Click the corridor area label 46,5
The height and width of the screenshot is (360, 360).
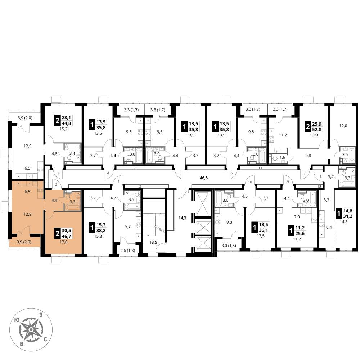pyautogui.click(x=204, y=178)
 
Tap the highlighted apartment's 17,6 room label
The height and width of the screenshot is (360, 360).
pyautogui.click(x=63, y=242)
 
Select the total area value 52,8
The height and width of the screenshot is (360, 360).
pyautogui.click(x=317, y=129)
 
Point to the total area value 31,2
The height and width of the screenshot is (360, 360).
pyautogui.click(x=348, y=216)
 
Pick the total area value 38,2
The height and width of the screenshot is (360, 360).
pyautogui.click(x=101, y=230)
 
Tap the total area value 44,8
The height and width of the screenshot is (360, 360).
pyautogui.click(x=67, y=123)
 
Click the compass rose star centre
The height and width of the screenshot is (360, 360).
pyautogui.click(x=31, y=330)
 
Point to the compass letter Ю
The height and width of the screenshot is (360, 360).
pyautogui.click(x=17, y=320)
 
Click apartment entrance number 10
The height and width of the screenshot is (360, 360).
pyautogui.click(x=250, y=182)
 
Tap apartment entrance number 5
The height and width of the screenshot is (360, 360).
pyautogui.click(x=180, y=173)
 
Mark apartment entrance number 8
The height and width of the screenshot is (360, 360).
pyautogui.click(x=321, y=177)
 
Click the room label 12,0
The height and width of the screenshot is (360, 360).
pyautogui.click(x=343, y=126)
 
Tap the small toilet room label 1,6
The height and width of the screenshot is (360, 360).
pyautogui.click(x=282, y=157)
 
